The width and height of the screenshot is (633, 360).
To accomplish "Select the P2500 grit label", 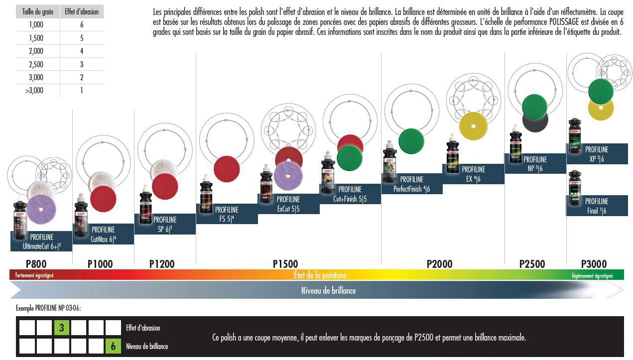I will [x=532, y=264].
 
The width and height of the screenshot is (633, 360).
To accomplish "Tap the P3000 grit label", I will [x=594, y=264].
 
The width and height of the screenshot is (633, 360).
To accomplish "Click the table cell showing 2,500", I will [x=36, y=64].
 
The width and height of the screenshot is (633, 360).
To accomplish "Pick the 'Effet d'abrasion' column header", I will [x=82, y=12].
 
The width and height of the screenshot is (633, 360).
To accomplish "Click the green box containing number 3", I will [x=62, y=328].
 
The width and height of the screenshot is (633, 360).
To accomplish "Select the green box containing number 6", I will [x=113, y=346].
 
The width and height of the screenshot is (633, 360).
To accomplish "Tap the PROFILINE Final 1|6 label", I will [x=596, y=206].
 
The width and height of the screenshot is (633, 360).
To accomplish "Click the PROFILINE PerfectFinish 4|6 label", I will [x=411, y=184].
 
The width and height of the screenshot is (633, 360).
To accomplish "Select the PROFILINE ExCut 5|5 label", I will [x=288, y=204].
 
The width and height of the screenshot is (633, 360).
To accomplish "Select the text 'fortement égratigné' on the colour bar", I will [x=34, y=275].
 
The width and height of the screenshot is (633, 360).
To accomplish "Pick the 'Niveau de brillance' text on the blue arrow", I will [x=328, y=290].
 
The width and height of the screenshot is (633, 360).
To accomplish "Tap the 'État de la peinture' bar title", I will [x=319, y=275].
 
